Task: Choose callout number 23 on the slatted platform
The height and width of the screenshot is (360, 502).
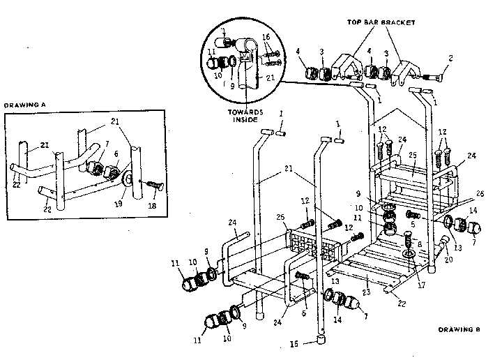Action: click(367, 294)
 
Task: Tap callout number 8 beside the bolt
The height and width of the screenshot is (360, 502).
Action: click(419, 244)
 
